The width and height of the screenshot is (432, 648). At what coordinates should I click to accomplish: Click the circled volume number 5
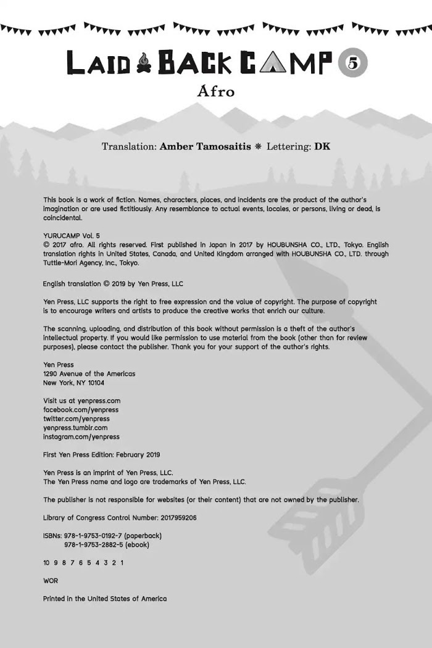coord(352,64)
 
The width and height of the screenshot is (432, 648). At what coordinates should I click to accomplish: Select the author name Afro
coord(216,91)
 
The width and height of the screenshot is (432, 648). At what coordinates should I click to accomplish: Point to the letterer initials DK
coord(322,147)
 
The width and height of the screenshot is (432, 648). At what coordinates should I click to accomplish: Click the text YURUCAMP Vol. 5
coord(71,236)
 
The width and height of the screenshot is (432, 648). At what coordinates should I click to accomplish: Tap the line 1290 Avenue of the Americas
coord(89,373)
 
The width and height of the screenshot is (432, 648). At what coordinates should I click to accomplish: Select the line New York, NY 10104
coord(73,383)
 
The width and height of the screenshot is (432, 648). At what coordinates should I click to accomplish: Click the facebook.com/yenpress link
coord(81,410)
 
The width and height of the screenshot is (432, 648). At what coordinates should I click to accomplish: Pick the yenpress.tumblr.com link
coord(75,428)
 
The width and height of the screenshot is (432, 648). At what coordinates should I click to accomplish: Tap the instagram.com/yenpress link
coord(81,437)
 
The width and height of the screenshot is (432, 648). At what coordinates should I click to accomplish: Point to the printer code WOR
coord(51,581)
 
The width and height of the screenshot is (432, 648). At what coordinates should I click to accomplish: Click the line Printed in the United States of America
coord(105,599)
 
